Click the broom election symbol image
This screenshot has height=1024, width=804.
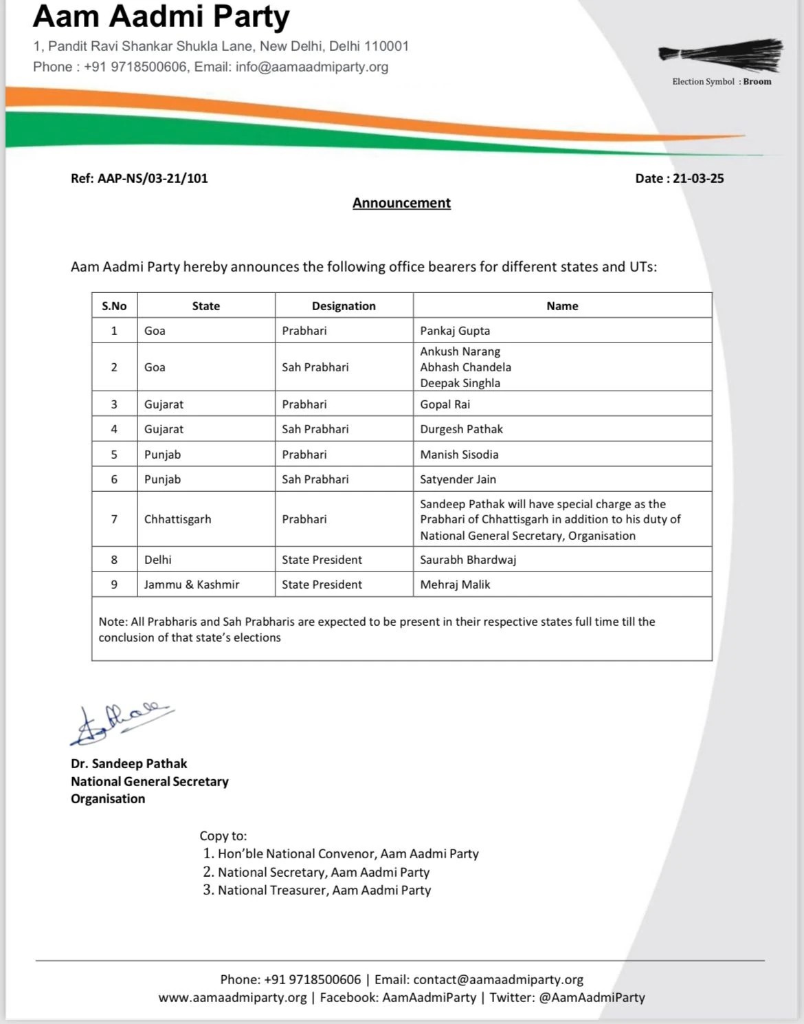pyautogui.click(x=721, y=54)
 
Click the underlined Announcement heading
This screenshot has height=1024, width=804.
pyautogui.click(x=401, y=203)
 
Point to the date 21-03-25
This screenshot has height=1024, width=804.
pyautogui.click(x=698, y=178)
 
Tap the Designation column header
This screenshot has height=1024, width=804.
pyautogui.click(x=344, y=306)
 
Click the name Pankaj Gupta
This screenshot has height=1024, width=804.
pyautogui.click(x=455, y=331)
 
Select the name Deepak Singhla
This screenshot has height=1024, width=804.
pyautogui.click(x=460, y=383)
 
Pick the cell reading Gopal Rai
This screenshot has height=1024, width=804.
pyautogui.click(x=445, y=404)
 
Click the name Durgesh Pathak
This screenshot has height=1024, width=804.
pyautogui.click(x=461, y=429)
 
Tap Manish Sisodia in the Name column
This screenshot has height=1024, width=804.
pyautogui.click(x=459, y=455)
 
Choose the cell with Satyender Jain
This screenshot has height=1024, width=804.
pyautogui.click(x=458, y=479)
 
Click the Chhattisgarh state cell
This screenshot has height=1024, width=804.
pyautogui.click(x=177, y=519)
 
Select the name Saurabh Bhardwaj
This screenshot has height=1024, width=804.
pyautogui.click(x=468, y=560)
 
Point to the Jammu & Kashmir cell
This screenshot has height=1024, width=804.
pyautogui.click(x=192, y=585)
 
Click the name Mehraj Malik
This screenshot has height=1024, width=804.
pyautogui.click(x=455, y=585)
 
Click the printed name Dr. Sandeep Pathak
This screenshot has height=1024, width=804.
pyautogui.click(x=129, y=763)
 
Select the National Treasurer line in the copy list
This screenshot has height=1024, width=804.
pyautogui.click(x=324, y=890)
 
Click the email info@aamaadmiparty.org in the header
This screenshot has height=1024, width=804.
pyautogui.click(x=311, y=67)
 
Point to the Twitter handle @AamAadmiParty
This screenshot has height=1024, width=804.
pyautogui.click(x=592, y=997)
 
